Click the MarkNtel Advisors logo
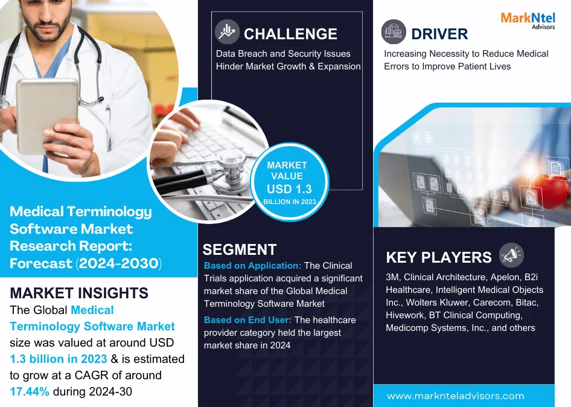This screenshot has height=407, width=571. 528,21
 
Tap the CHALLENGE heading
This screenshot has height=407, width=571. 290,34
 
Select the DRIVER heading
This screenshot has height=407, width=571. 439,34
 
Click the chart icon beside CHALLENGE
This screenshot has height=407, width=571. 227,31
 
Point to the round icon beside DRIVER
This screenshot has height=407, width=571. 394,31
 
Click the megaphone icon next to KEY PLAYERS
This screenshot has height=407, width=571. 511,255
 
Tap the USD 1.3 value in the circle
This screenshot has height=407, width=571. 289,189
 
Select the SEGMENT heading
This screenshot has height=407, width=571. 239,249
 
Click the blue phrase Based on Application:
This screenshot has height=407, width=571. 252,266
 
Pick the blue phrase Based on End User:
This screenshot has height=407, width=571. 247,320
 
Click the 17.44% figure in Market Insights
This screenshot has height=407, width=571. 30,391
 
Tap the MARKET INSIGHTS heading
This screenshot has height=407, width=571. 79,293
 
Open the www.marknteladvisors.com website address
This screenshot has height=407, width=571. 456,396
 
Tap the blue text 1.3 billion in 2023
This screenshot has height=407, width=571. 59,359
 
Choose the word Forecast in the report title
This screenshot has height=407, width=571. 41,263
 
